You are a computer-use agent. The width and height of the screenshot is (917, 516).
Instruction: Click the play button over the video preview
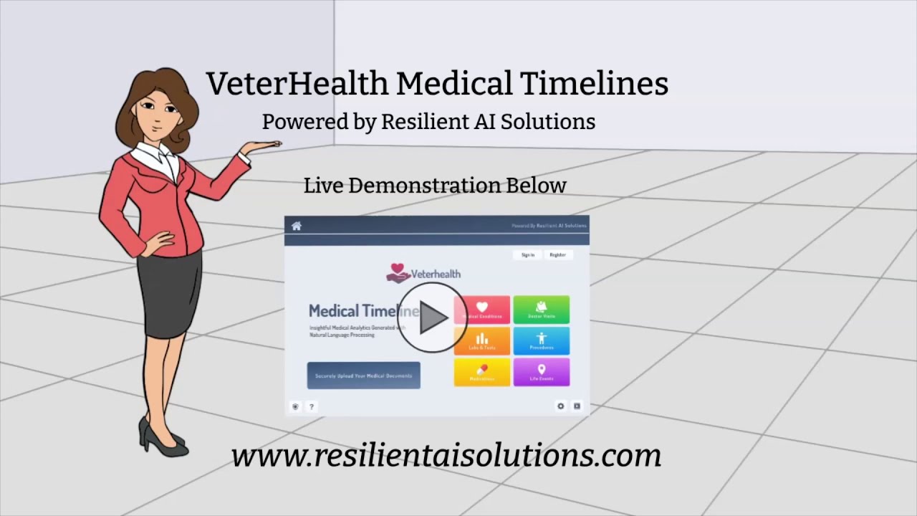click(432, 317)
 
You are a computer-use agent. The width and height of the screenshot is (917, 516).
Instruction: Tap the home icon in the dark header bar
click(297, 226)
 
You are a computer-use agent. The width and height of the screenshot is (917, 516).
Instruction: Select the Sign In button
click(528, 255)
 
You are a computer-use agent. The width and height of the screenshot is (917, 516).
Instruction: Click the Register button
click(557, 255)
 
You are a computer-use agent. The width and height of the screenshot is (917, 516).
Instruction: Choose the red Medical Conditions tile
click(482, 310)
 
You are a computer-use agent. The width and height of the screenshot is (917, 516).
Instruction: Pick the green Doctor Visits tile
click(542, 310)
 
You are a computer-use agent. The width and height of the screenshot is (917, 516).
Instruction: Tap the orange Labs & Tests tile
click(482, 341)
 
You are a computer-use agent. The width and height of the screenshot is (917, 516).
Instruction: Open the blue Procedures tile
click(542, 341)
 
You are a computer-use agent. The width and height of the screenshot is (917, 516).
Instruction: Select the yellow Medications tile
click(482, 372)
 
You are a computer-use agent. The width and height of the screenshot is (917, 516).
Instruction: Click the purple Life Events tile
click(542, 372)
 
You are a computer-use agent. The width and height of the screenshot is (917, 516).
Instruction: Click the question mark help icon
click(312, 406)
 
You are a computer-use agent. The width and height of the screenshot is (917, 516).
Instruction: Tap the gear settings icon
click(560, 406)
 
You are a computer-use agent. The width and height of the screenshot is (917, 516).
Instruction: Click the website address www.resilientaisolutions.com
click(446, 455)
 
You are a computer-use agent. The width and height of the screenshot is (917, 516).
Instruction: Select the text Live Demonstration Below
click(435, 186)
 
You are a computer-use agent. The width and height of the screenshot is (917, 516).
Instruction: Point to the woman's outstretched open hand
click(261, 146)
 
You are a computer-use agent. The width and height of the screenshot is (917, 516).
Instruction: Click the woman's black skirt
click(170, 294)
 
